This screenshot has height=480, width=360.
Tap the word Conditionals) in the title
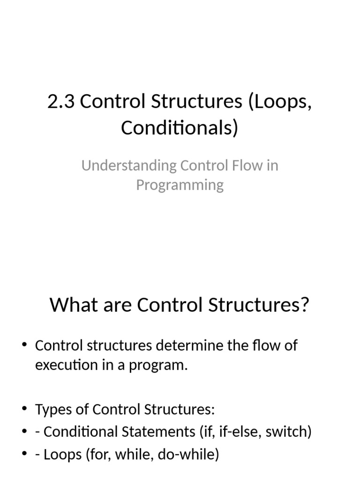point(180,127)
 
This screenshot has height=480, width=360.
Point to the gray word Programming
point(180,185)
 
